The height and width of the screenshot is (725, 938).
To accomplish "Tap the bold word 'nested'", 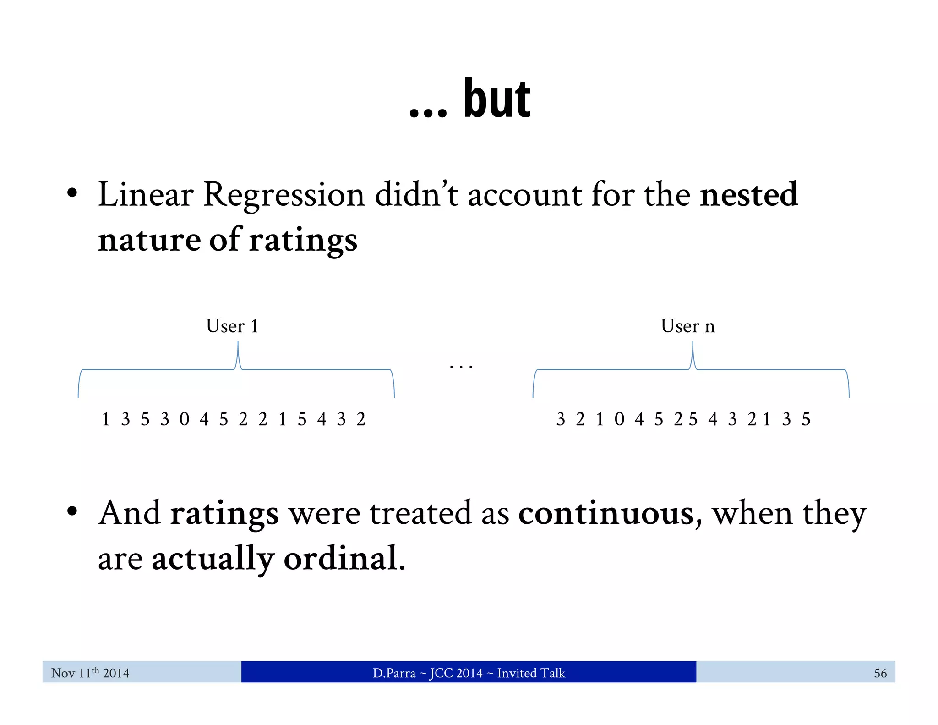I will pyautogui.click(x=748, y=195).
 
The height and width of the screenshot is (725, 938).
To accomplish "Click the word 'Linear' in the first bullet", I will pyautogui.click(x=145, y=195).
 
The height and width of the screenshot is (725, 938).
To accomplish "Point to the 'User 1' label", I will pyautogui.click(x=232, y=326).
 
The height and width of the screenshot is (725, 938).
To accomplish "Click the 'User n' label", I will pyautogui.click(x=687, y=326).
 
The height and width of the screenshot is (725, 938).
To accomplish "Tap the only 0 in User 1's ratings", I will pyautogui.click(x=184, y=419).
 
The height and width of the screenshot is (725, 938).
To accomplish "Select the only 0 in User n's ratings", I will pyautogui.click(x=619, y=419).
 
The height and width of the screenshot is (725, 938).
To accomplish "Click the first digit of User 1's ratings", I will pyautogui.click(x=106, y=419).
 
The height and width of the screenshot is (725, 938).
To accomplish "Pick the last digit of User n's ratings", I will pyautogui.click(x=806, y=419).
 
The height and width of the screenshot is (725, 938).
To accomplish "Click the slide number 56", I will pyautogui.click(x=880, y=673).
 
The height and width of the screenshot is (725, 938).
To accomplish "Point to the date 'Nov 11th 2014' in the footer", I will pyautogui.click(x=90, y=673).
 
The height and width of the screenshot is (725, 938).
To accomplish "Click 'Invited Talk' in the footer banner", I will pyautogui.click(x=531, y=673).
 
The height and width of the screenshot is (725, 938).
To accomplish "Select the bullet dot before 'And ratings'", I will pyautogui.click(x=72, y=511).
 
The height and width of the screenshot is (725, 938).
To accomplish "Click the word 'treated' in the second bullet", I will pyautogui.click(x=420, y=513).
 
